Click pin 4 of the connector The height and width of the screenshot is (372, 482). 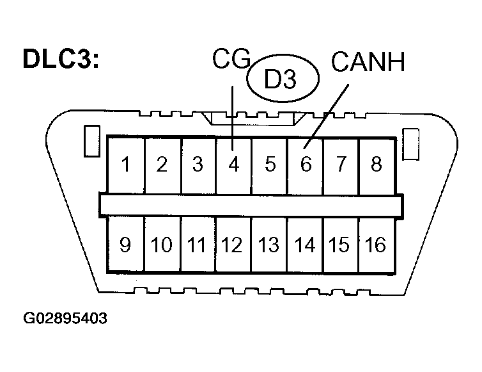coord(234,165)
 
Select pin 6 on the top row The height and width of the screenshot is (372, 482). coord(306,165)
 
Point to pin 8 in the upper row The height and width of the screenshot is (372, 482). coord(377,165)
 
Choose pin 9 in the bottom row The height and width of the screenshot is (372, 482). coord(126,245)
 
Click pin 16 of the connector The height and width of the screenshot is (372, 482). coord(377,245)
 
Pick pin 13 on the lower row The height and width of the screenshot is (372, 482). coord(269,245)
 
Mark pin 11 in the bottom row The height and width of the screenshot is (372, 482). coord(198,245)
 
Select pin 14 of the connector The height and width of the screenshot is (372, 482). coord(305,245)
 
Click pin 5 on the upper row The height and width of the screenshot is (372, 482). coord(270,165)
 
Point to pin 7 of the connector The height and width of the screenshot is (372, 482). coord(341,165)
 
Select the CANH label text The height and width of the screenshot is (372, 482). coord(368,63)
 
